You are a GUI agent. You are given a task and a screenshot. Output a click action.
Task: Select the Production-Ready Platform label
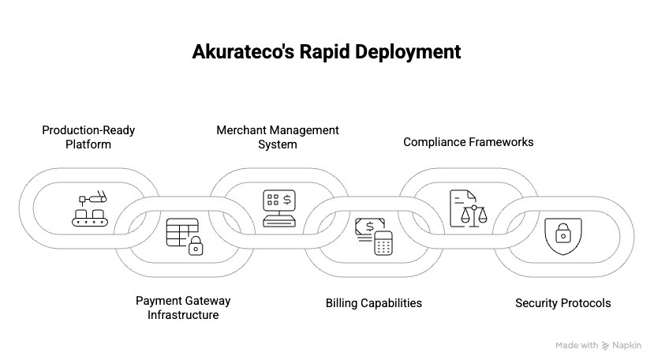point(88,137)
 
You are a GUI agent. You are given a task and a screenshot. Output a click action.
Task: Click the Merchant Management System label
point(278,137)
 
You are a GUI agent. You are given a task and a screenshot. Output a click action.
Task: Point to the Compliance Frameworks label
point(468,142)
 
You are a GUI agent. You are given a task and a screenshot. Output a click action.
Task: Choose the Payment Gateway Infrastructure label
point(183,308)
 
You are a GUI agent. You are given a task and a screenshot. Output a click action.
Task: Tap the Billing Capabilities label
point(373,303)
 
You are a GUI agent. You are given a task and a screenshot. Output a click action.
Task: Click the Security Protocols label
point(562,303)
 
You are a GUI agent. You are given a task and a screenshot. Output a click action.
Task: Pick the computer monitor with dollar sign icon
point(278,208)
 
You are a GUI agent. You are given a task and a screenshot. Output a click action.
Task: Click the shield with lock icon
point(562,235)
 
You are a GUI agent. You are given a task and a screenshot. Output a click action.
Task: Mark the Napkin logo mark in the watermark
point(606,345)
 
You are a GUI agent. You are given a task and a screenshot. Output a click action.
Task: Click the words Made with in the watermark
point(576,345)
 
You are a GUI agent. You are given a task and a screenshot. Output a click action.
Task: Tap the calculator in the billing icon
point(383,243)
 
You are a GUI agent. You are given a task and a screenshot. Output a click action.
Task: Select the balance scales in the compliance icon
point(473,216)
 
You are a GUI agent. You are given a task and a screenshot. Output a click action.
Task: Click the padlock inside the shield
point(562,234)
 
